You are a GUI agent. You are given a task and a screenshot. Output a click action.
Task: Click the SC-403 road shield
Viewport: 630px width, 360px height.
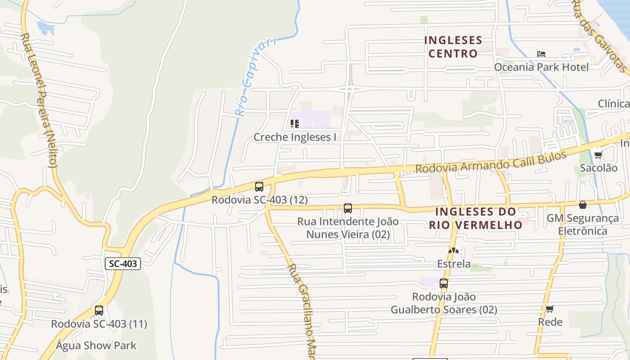pos(123,264)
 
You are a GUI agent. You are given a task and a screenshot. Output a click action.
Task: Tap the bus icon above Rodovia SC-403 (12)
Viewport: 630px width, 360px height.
pos(259,186)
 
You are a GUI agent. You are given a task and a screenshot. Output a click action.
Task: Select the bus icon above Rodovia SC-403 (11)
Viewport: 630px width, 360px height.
pos(99,310)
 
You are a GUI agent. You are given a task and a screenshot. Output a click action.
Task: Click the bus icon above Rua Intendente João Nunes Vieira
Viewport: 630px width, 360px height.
pos(348,208)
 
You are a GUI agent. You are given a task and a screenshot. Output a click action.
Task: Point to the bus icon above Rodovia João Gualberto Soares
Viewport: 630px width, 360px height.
pos(444,283)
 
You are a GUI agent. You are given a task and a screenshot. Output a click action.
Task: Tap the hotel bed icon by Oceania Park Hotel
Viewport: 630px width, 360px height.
pos(541,54)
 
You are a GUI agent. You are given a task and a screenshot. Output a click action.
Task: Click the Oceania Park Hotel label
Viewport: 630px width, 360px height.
pos(541,67)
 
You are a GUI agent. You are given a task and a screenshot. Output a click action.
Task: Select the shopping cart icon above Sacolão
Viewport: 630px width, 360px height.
pos(598,155)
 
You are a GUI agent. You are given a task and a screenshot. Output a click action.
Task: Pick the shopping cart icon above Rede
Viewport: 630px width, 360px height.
pos(549,309)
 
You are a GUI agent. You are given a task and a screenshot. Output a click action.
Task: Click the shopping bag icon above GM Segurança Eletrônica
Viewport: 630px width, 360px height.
pos(583,205)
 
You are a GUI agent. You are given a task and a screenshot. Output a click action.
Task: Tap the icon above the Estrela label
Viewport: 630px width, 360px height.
pos(454,251)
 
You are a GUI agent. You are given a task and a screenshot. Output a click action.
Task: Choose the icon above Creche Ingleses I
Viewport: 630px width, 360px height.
pos(295,123)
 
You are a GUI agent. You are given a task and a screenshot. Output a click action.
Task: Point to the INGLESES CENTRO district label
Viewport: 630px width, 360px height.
pos(453,47)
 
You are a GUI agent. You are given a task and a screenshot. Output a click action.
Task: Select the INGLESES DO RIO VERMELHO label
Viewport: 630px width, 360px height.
pos(476,218)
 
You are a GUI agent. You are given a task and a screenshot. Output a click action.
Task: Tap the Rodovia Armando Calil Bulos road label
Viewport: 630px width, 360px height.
pos(490,162)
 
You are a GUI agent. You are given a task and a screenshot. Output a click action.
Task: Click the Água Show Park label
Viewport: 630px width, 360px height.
pos(96,346)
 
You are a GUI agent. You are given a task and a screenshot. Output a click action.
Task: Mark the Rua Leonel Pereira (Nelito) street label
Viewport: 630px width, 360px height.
pos(40,100)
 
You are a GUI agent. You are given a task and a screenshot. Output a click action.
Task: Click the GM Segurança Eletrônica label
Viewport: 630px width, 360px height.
pos(583,225)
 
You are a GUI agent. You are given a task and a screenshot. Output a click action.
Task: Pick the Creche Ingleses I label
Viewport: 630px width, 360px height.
pos(295,137)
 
